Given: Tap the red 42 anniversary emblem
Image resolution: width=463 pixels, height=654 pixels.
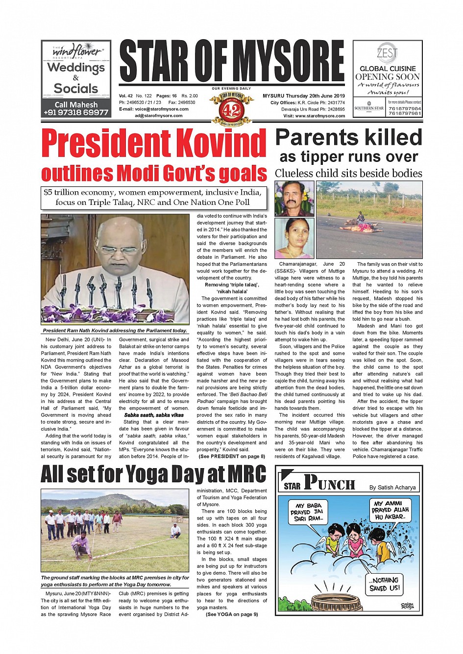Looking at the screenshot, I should click(231, 109).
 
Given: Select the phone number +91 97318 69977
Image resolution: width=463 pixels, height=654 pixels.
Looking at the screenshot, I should click(76, 113).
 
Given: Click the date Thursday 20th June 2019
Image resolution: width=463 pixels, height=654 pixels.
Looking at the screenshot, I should click(317, 96).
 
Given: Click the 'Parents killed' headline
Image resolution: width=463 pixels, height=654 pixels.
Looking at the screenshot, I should click(348, 137).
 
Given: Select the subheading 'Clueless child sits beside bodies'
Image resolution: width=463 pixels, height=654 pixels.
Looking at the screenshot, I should click(348, 174).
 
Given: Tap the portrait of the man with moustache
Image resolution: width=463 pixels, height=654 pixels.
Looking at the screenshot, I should click(294, 198).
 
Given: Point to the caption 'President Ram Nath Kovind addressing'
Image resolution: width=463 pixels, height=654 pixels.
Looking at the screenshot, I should click(115, 331).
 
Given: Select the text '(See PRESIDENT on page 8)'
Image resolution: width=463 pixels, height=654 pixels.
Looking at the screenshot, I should click(232, 456).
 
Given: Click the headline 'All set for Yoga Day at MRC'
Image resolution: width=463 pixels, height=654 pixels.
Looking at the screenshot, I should click(153, 474).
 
